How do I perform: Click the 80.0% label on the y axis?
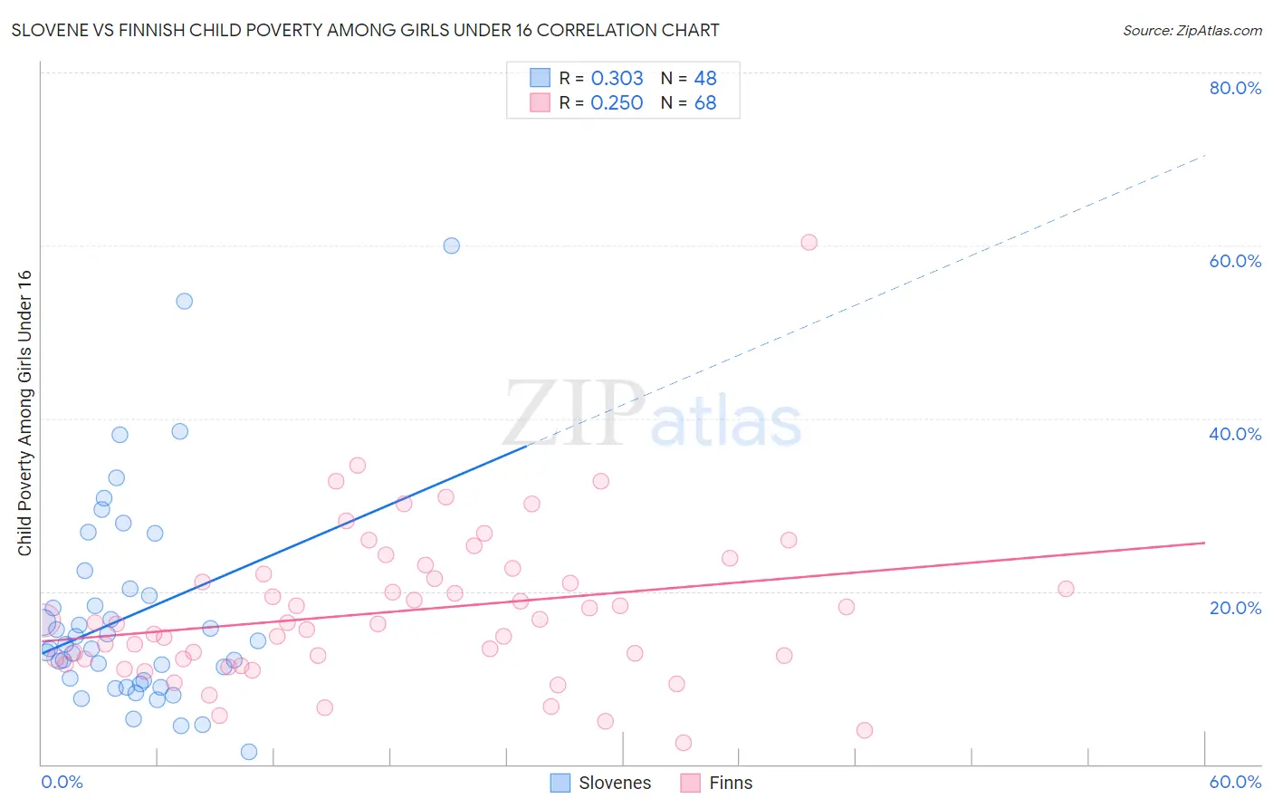tap(1235, 88)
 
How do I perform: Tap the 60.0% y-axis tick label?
tap(1235, 261)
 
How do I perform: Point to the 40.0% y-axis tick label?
tap(1235, 434)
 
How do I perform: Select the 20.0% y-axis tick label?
tap(1235, 607)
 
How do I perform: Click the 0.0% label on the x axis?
tap(62, 782)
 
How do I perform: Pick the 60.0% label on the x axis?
tap(1235, 782)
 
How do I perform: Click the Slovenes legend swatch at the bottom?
tap(560, 783)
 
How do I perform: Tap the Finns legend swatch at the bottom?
tap(691, 783)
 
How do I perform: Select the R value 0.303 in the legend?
tap(617, 79)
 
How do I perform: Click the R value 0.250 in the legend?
tap(617, 103)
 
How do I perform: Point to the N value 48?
tap(705, 79)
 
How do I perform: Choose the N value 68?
tap(705, 103)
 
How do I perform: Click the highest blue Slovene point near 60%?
tap(451, 245)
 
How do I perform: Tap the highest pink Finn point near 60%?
tap(809, 242)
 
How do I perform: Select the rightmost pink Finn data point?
tap(1066, 589)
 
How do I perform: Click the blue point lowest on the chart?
tap(249, 752)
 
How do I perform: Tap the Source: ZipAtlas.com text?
tap(1192, 30)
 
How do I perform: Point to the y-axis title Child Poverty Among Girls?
tap(24, 412)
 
